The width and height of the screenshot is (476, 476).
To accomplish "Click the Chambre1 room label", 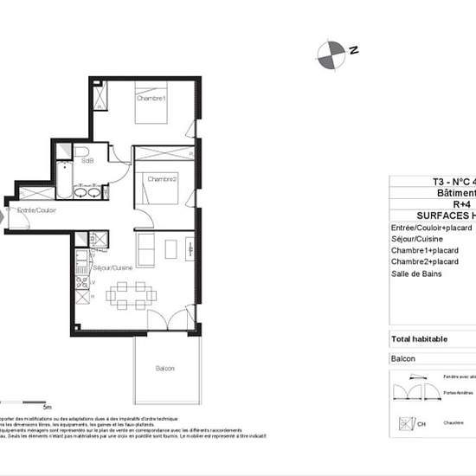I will tap(151, 99).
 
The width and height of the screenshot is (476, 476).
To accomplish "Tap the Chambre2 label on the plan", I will tap(162, 179).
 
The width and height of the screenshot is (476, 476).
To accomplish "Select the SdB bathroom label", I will tap(87, 161).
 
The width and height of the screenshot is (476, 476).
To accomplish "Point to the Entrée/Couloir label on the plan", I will tap(27, 210).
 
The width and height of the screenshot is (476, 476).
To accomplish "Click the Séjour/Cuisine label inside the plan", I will tap(112, 269).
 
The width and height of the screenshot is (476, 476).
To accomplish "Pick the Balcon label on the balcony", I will tap(164, 369).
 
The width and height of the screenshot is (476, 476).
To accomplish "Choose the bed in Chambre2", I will tap(160, 187).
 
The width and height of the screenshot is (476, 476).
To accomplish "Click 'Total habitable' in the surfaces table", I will tap(420, 339).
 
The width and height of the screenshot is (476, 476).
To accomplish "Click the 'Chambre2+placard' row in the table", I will tap(424, 261).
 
